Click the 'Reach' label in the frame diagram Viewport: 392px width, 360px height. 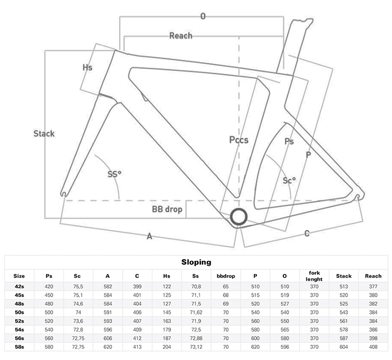[180, 36]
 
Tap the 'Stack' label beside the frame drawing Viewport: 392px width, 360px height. [44, 133]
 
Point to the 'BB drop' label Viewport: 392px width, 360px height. [167, 209]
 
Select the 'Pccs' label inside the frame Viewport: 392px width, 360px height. [239, 139]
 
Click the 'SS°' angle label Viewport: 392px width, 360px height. [114, 174]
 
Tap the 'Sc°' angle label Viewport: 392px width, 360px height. [289, 180]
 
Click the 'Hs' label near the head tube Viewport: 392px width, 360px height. [87, 67]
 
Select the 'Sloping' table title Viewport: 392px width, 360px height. [196, 262]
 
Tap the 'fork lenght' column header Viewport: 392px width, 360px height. [314, 275]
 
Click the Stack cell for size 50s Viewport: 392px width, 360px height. [343, 312]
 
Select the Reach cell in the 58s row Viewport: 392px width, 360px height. [372, 347]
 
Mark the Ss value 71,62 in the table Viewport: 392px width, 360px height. [196, 312]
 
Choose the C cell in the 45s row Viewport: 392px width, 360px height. [137, 294]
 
